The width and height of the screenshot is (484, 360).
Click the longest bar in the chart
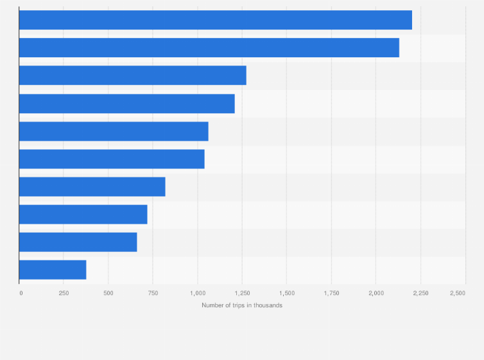pyautogui.click(x=216, y=20)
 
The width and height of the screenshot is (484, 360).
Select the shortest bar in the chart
pyautogui.click(x=53, y=270)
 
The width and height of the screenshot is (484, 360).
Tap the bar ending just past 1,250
pyautogui.click(x=133, y=75)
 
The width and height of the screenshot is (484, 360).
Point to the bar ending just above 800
pyautogui.click(x=92, y=186)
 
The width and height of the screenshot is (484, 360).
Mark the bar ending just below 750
pyautogui.click(x=83, y=214)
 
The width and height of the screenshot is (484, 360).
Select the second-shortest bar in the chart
pyautogui.click(x=78, y=242)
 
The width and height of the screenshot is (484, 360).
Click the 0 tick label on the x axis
pyautogui.click(x=21, y=293)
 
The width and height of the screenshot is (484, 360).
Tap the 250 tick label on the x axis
pyautogui.click(x=64, y=293)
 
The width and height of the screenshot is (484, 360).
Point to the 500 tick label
pyautogui.click(x=108, y=293)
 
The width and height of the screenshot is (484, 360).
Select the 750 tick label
pyautogui.click(x=153, y=293)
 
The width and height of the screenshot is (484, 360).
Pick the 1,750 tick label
pyautogui.click(x=331, y=293)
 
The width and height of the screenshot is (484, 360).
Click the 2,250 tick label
pyautogui.click(x=420, y=293)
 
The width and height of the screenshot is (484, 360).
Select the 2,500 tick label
pyautogui.click(x=458, y=293)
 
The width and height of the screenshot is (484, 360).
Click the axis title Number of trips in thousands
pyautogui.click(x=242, y=305)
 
